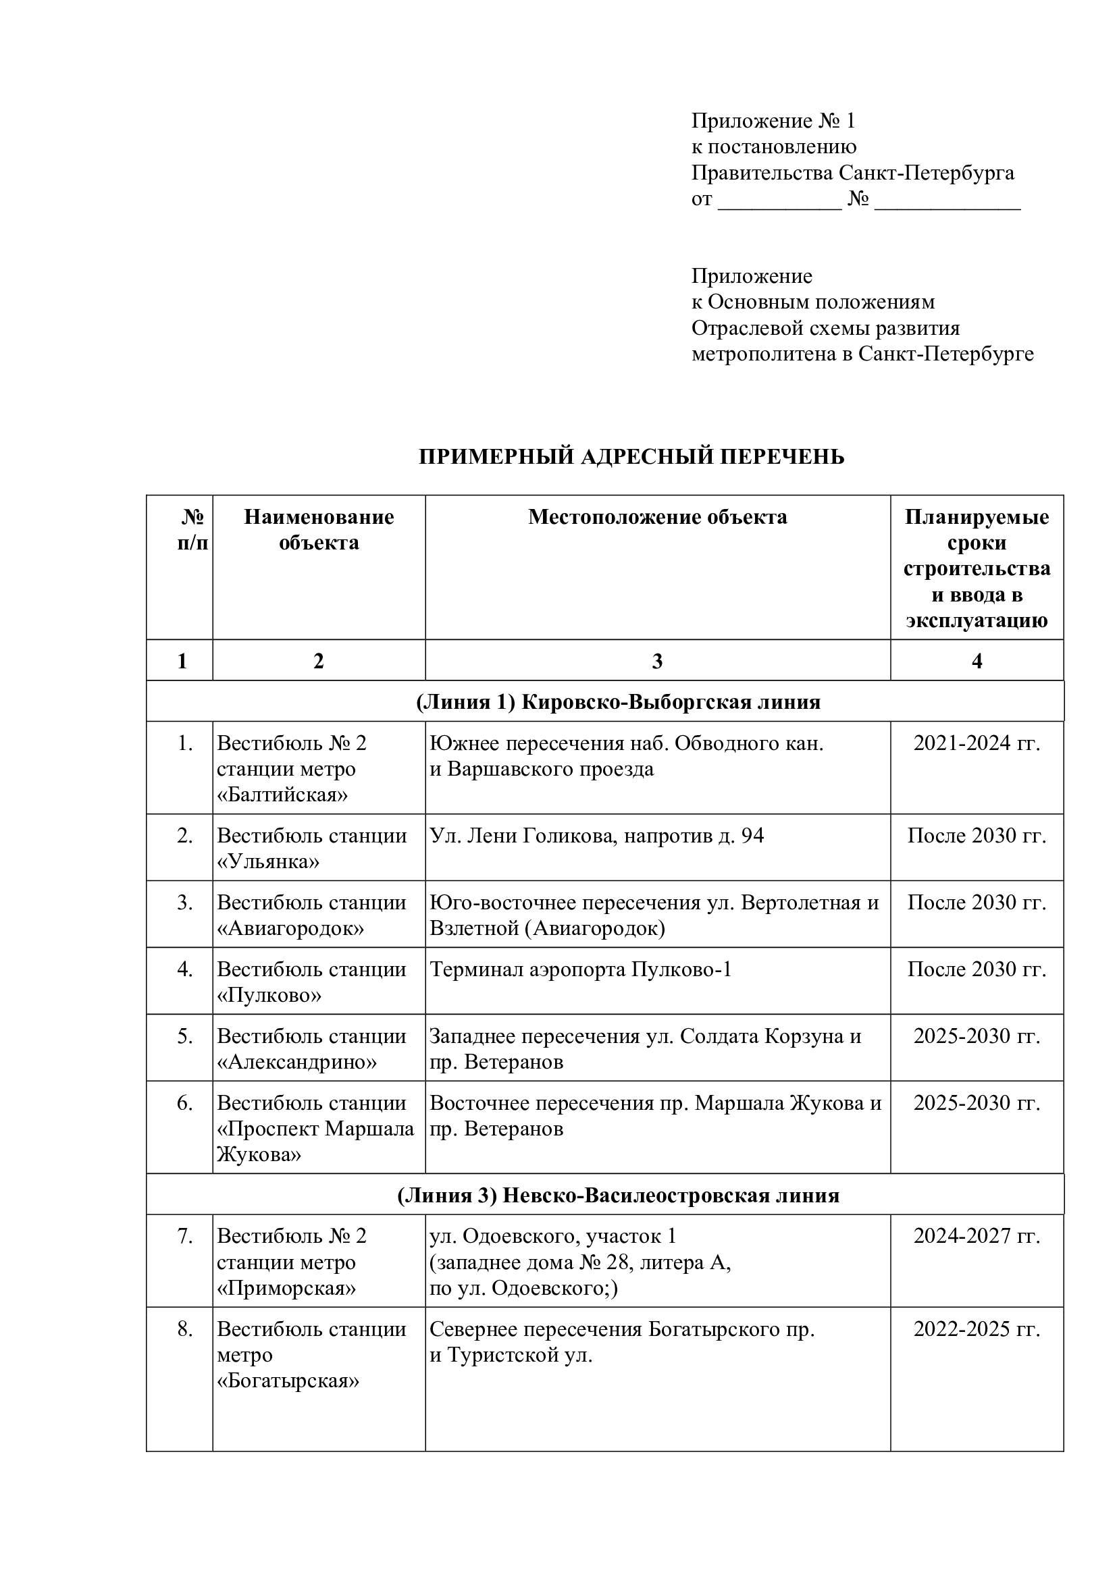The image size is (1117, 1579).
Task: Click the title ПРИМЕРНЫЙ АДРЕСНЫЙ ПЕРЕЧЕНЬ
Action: [x=631, y=456]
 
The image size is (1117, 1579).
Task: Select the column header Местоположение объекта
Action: [x=657, y=517]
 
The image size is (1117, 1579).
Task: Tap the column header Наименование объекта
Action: [x=319, y=529]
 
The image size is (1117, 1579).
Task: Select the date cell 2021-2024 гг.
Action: [x=976, y=743]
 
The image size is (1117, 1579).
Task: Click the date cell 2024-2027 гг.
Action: [x=976, y=1237]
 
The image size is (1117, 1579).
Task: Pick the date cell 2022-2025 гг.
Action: [x=976, y=1329]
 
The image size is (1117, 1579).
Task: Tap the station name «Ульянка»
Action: [x=268, y=861]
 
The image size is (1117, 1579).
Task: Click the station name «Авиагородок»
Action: [x=290, y=928]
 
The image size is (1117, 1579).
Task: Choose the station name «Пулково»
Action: [x=269, y=995]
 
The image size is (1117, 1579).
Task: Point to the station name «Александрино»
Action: [x=297, y=1062]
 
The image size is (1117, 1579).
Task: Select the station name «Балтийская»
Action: [x=282, y=795]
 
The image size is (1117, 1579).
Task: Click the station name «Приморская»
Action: [x=286, y=1288]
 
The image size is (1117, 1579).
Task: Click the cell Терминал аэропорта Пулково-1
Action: [x=581, y=969]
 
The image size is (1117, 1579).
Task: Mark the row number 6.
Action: [x=184, y=1103]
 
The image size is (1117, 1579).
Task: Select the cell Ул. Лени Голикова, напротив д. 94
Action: [x=596, y=836]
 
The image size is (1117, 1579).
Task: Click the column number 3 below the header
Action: [x=657, y=661]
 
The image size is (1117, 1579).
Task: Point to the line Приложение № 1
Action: [x=773, y=122]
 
